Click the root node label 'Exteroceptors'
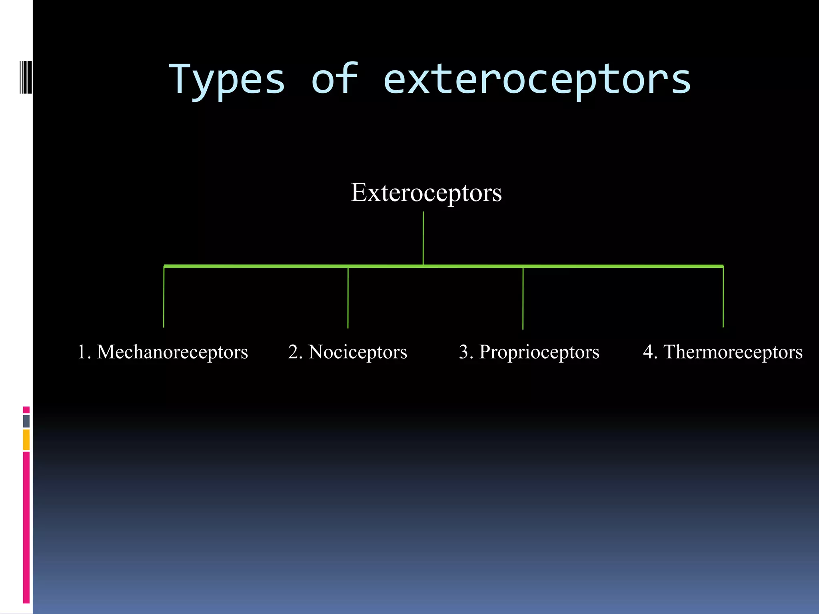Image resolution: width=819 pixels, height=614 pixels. (426, 193)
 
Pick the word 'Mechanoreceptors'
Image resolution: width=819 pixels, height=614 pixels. (172, 352)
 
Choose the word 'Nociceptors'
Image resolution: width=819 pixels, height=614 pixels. (358, 352)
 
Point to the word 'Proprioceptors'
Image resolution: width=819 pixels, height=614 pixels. (539, 352)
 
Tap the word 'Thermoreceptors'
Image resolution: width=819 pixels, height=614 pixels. (733, 352)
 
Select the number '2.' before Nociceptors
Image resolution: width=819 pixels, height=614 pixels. (296, 352)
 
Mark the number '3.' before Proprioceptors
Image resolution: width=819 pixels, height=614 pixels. (466, 352)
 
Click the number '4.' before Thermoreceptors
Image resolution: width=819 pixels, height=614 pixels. (650, 352)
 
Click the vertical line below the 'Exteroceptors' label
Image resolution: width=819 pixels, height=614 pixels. (423, 238)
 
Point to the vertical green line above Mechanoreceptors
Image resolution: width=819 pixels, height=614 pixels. (164, 298)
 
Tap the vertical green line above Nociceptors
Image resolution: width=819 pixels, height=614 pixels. (348, 298)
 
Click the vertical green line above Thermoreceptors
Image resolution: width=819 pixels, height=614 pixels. (723, 298)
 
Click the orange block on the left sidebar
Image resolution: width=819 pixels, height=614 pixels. (26, 440)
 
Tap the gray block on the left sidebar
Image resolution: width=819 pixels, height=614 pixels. (26, 421)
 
